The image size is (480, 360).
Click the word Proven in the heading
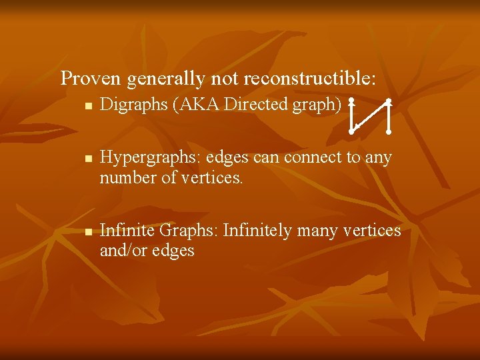point(91,79)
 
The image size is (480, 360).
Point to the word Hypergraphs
point(140,158)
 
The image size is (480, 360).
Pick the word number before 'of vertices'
point(124,178)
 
